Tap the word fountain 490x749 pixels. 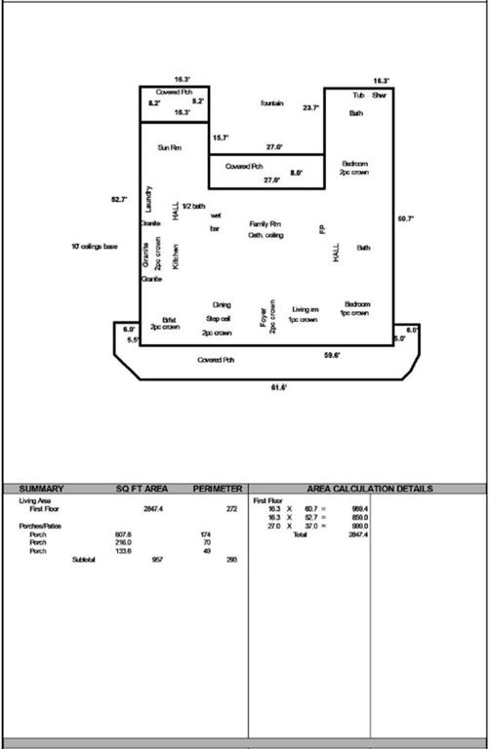click(271, 103)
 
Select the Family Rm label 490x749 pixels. click(265, 223)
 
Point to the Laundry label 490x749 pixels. click(148, 199)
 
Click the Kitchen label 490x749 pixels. click(176, 256)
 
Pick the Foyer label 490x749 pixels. click(263, 319)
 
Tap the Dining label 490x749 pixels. click(222, 304)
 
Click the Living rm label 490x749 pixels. click(306, 308)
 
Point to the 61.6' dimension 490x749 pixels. click(278, 388)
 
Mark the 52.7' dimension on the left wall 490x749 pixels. click(119, 199)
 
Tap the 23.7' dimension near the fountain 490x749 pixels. click(310, 107)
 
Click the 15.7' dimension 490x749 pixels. click(222, 138)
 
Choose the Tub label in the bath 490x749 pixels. click(358, 96)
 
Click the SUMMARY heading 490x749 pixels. click(42, 489)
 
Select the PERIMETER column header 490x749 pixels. click(217, 489)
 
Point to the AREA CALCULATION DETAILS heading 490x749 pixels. click(370, 489)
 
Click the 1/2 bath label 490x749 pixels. click(193, 206)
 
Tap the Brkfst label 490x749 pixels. click(169, 319)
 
